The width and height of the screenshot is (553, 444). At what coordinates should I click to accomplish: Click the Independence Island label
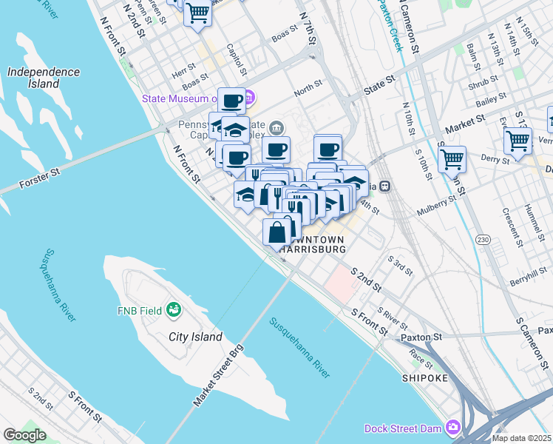point(43,78)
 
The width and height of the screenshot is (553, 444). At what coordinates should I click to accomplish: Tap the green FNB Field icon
point(174,309)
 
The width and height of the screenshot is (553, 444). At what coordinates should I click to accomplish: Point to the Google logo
point(24,435)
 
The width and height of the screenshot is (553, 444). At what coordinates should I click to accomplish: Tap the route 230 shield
point(483,240)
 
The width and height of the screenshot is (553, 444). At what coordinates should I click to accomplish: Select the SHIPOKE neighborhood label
point(425,378)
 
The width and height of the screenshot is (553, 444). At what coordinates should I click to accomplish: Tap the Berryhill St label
point(529,281)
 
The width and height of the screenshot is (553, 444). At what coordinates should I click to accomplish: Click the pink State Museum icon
point(250,98)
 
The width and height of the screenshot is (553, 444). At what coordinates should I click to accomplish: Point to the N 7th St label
point(309,26)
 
